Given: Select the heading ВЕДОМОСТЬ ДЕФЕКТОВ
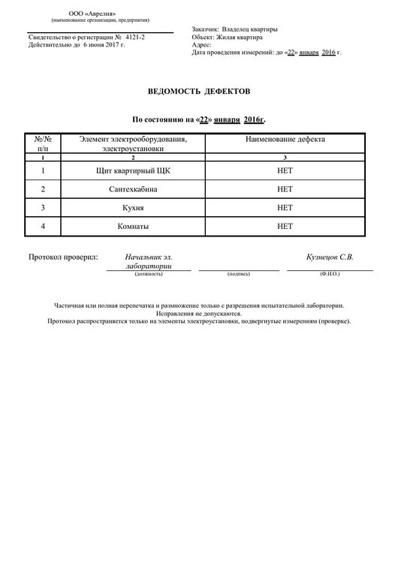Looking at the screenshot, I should (x=198, y=92).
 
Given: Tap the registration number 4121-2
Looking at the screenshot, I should (x=134, y=37).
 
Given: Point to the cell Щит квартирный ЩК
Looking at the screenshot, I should (x=133, y=171).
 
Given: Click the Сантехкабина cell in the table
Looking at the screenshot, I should (x=133, y=189).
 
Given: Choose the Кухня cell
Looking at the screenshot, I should (x=133, y=207).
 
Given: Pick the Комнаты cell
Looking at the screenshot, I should (x=133, y=225).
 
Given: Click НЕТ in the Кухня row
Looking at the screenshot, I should (x=285, y=207).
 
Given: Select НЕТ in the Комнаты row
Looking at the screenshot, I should (x=285, y=225).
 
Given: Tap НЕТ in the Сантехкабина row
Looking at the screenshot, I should (x=285, y=189).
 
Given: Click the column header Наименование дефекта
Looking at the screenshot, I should (x=285, y=140).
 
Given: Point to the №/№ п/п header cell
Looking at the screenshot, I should (x=43, y=144).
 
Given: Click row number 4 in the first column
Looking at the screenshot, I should (x=43, y=225).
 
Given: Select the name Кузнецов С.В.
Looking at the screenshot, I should (x=330, y=257).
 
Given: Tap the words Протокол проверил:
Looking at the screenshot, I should (x=63, y=257).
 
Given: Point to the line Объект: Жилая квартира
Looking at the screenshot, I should (x=227, y=37).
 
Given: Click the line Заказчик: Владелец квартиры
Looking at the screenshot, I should (x=234, y=29).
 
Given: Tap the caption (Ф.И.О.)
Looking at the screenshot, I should (x=330, y=275).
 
